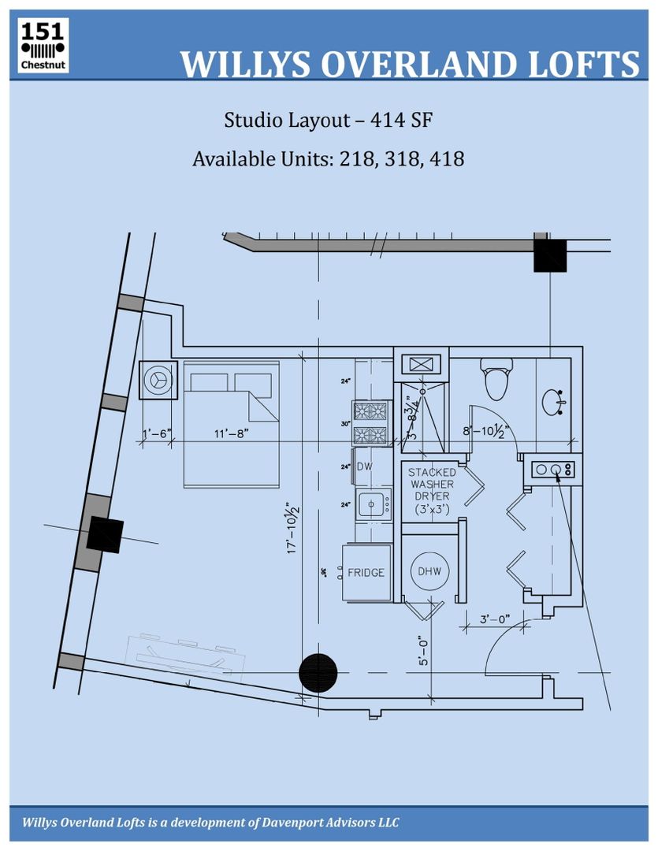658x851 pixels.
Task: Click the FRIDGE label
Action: click(x=366, y=572)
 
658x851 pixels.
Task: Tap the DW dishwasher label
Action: click(x=364, y=466)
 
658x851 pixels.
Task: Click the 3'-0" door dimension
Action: click(x=496, y=619)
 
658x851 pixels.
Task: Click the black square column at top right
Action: click(x=550, y=255)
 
